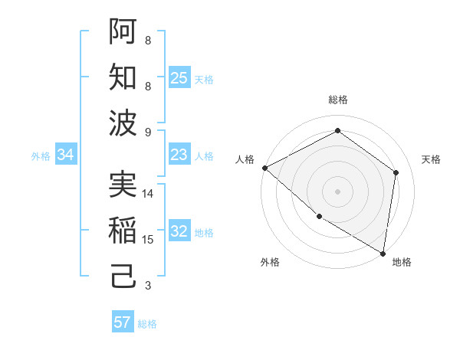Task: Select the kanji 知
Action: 123,77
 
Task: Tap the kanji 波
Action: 123,123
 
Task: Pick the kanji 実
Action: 123,184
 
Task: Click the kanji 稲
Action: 123,230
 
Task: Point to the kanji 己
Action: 123,277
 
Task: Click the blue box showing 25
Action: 179,77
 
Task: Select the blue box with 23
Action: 179,155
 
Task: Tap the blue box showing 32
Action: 179,231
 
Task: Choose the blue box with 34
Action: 65,155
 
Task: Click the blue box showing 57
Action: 123,322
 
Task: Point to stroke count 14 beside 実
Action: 148,194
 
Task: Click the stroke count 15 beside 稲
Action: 148,240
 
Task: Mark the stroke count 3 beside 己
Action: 148,286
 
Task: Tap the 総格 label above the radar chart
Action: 337,100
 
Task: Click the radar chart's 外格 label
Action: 270,262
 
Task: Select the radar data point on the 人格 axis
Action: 264,168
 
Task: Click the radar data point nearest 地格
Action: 383,252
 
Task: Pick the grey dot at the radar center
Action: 337,191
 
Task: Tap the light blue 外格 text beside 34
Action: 41,155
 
